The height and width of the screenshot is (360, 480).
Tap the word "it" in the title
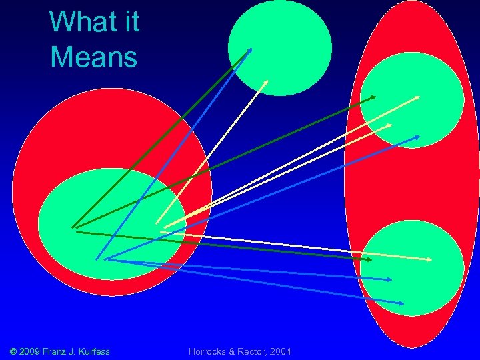127,22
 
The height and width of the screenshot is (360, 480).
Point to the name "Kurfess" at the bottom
93,351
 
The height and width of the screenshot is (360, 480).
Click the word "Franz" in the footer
62,351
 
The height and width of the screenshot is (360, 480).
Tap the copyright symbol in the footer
15,351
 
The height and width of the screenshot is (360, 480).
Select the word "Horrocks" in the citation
209,351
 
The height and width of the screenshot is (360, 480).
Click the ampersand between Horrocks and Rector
233,351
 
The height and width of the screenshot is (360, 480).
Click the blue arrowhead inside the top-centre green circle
251,49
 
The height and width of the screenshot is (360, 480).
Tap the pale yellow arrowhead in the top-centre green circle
266,82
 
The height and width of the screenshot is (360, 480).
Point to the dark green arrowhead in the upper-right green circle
373,97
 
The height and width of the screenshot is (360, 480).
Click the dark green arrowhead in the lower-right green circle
369,259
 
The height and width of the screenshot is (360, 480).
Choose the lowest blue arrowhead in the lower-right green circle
401,303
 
